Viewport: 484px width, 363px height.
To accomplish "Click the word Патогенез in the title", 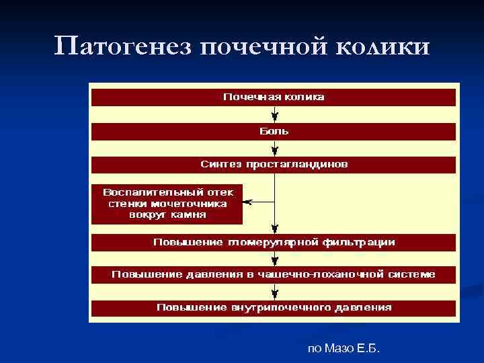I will coord(123,47).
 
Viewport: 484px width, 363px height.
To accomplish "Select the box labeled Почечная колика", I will coord(274,97).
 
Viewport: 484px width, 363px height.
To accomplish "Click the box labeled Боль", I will coord(274,131).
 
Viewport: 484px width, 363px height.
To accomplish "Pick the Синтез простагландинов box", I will coord(274,164).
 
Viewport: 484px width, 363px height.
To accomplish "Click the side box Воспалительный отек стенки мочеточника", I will coord(167,203).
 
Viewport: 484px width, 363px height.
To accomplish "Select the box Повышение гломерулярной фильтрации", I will coord(274,242).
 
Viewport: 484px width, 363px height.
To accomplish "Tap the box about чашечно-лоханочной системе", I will coord(274,274).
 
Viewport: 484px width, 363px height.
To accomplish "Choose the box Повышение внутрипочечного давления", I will coord(274,307).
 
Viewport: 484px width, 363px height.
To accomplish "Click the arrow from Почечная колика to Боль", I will coord(274,114).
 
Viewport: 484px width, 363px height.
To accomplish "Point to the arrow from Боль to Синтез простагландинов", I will coord(274,148).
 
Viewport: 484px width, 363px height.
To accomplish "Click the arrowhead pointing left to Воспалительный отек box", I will coord(247,202).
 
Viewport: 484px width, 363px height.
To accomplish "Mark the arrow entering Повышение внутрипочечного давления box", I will coord(274,292).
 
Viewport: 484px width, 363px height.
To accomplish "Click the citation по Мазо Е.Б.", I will coord(344,348).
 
